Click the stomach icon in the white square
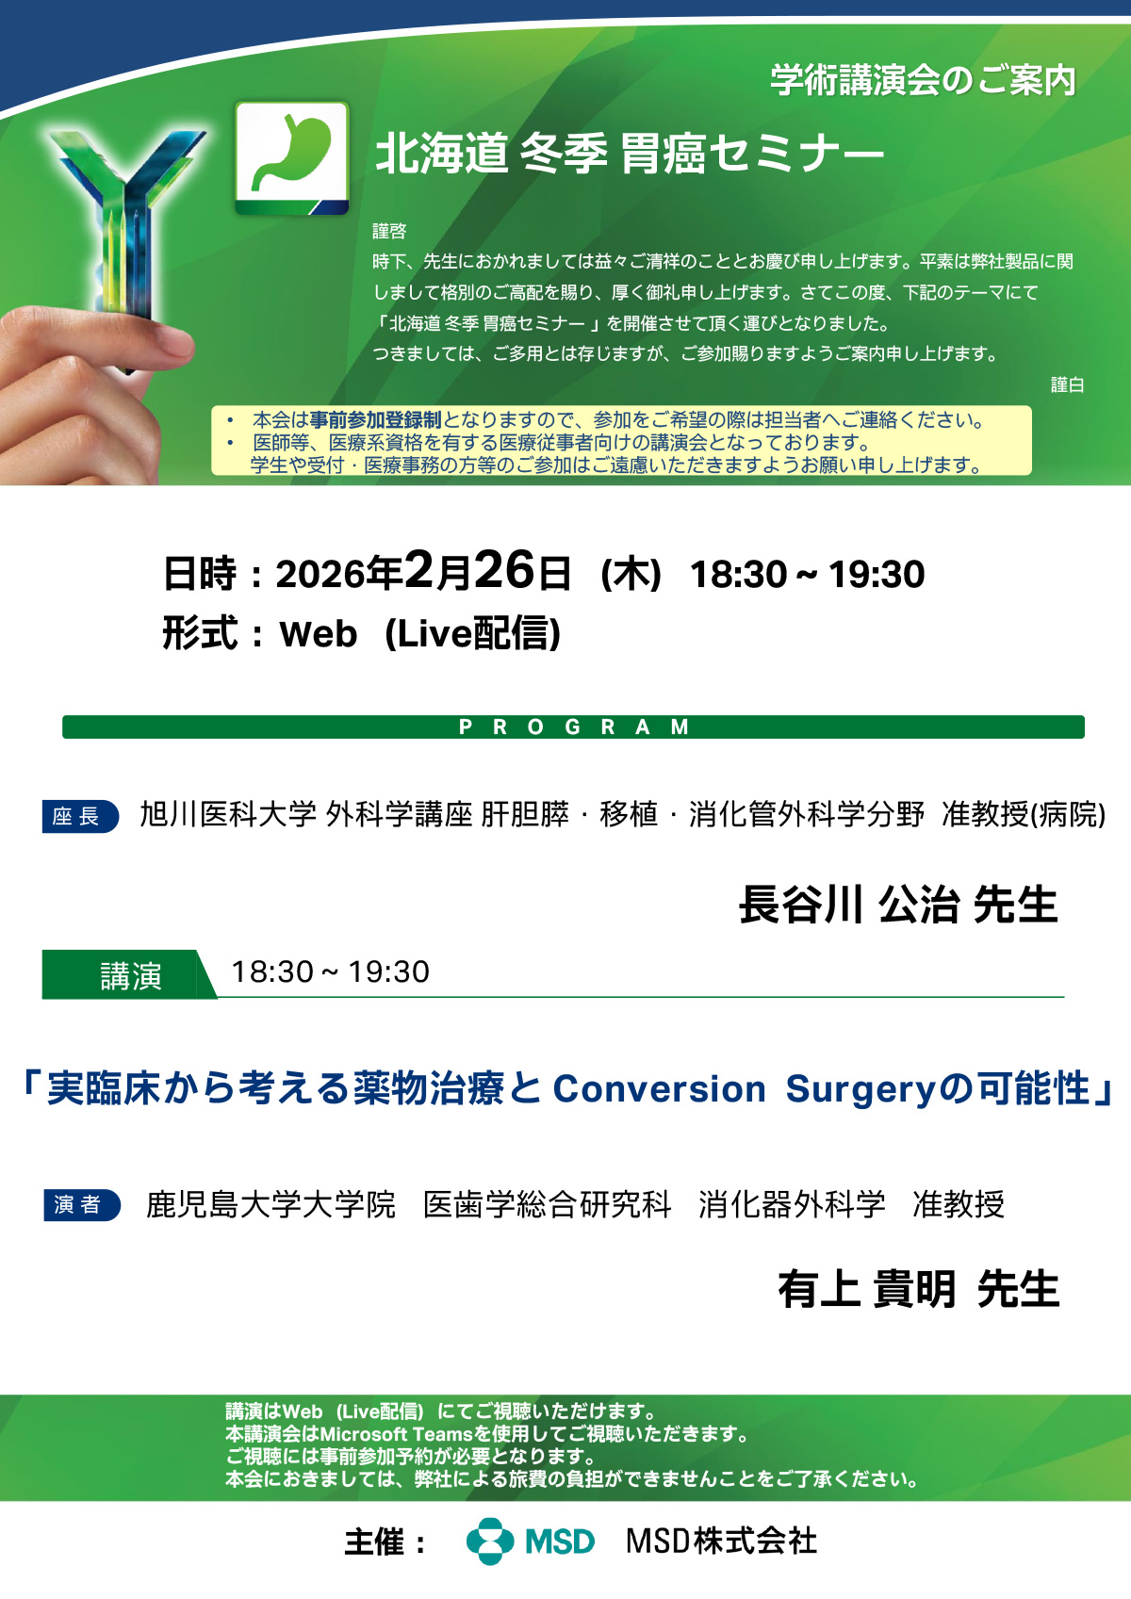(x=291, y=152)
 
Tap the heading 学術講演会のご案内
(x=923, y=80)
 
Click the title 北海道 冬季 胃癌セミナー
(x=630, y=154)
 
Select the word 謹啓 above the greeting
(x=390, y=231)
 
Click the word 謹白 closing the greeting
(x=1068, y=384)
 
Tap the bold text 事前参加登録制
(x=375, y=419)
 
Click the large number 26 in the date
(x=504, y=571)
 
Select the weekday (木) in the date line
(x=631, y=575)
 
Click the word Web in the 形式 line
(x=318, y=634)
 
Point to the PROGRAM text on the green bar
(x=574, y=726)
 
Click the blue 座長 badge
(x=80, y=816)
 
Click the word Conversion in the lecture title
(x=659, y=1089)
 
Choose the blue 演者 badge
(x=81, y=1204)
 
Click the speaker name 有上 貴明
(x=867, y=1289)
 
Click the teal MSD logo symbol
(x=490, y=1541)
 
